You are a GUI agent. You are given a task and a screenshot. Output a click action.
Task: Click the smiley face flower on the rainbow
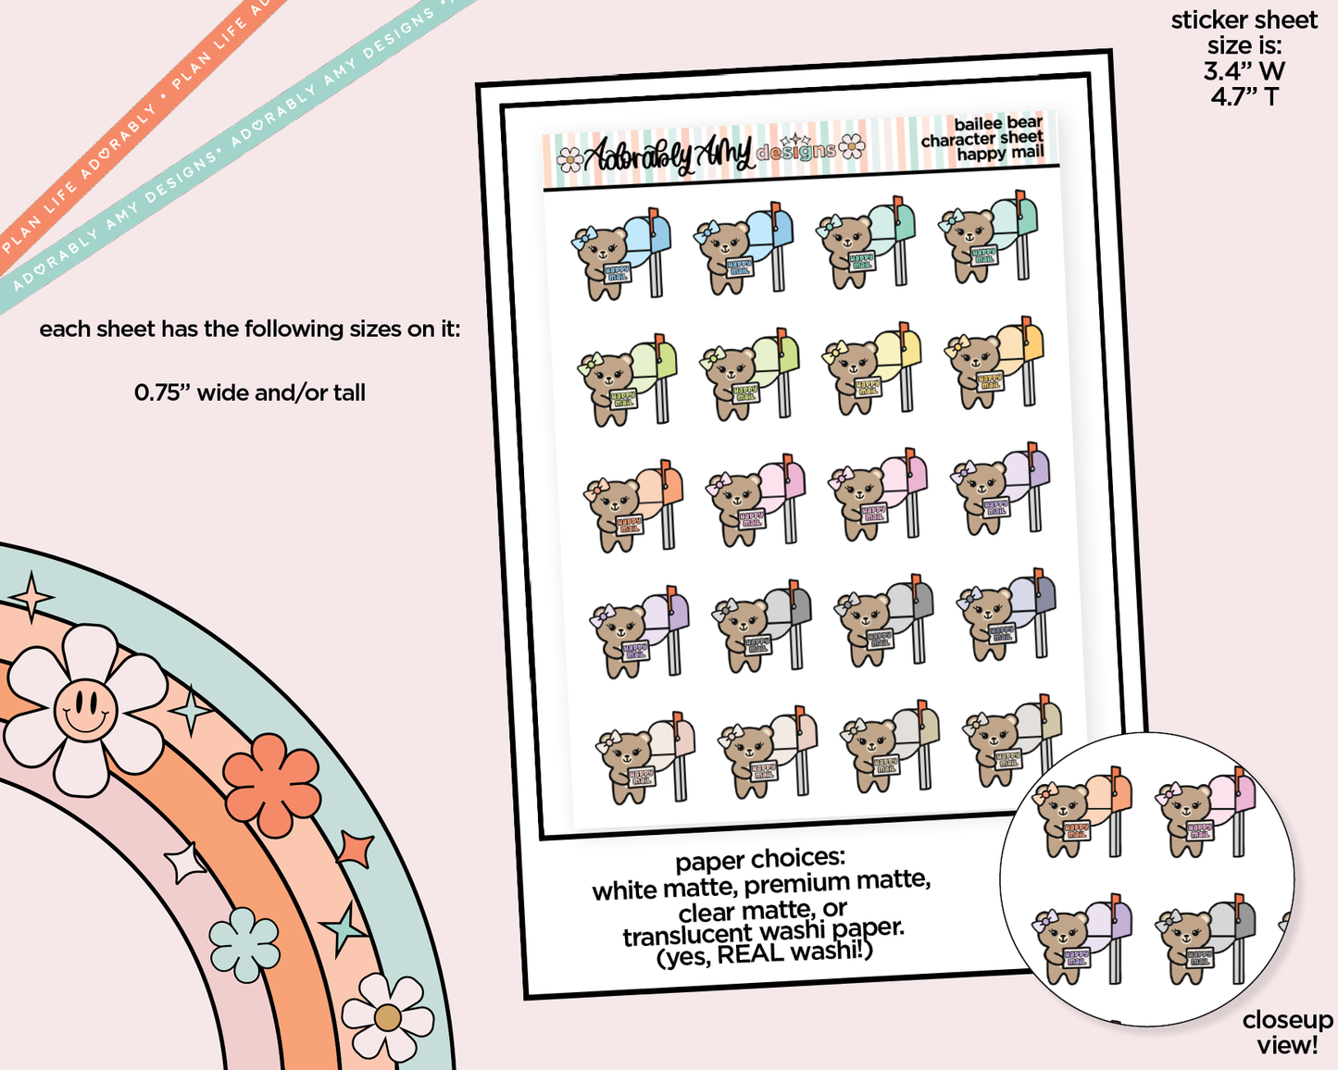coord(84,710)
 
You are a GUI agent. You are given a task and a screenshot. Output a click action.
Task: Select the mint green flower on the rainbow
coord(244,943)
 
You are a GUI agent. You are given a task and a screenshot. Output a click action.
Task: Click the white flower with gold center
coord(387,1017)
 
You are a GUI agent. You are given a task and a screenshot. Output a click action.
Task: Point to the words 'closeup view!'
coord(1287,1032)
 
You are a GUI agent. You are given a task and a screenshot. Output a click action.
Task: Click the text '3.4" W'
coord(1244,71)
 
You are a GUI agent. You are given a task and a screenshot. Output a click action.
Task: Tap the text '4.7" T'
coord(1244,96)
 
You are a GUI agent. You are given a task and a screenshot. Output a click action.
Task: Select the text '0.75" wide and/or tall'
coord(250,392)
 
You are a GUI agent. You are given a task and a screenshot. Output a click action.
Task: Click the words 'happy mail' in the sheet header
coord(1000,153)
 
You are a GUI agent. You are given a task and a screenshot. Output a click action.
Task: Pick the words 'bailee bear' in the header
coord(998,123)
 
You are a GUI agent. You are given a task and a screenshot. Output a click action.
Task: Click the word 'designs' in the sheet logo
coord(795,151)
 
